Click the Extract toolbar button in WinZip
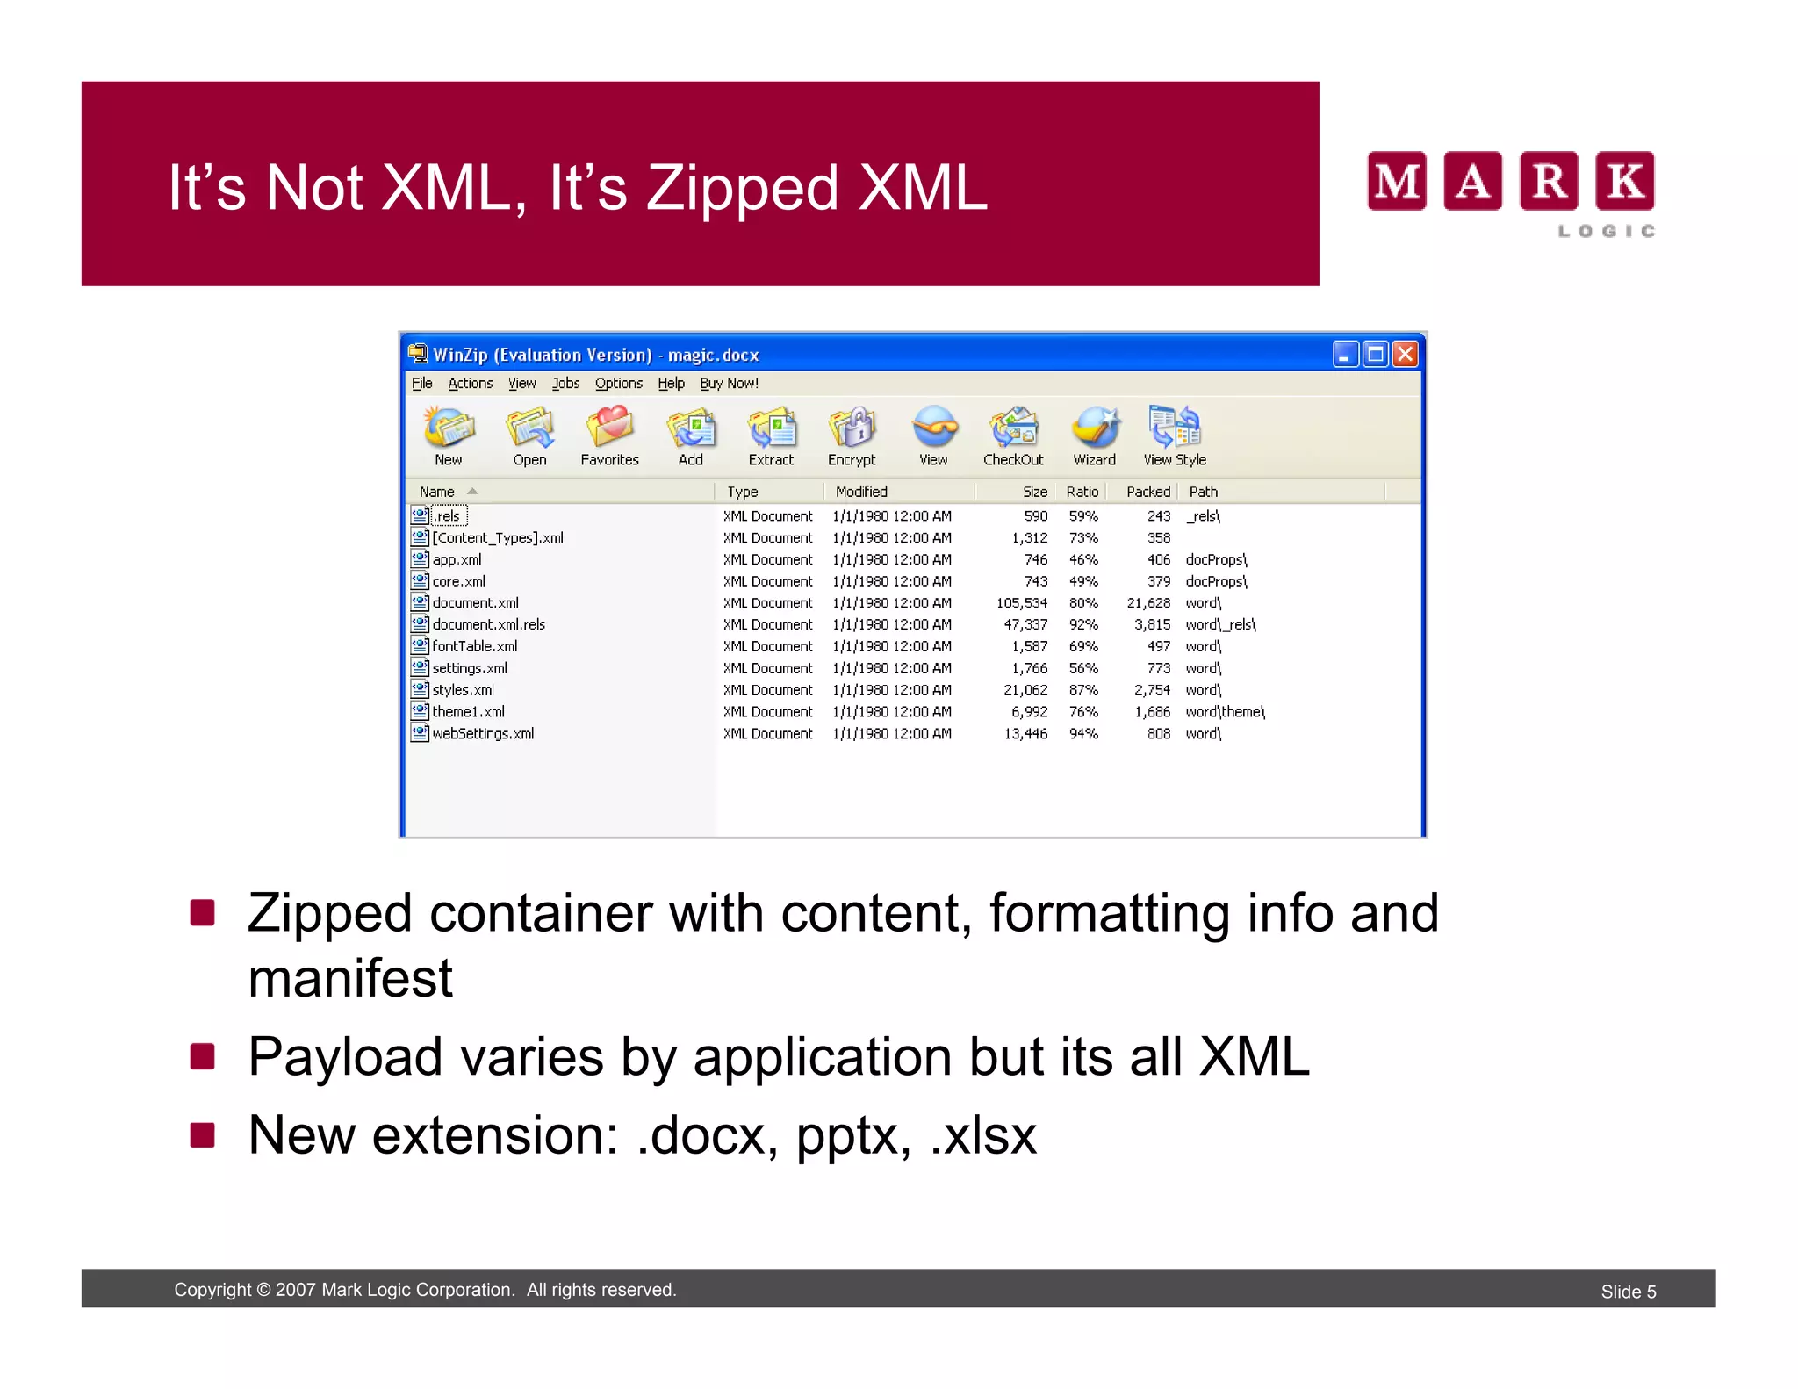(x=771, y=435)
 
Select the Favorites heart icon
(x=609, y=428)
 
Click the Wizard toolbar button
(x=1094, y=435)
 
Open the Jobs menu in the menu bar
(x=565, y=384)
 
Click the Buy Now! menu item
(x=729, y=384)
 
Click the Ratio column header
(x=1082, y=492)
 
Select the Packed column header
(x=1147, y=492)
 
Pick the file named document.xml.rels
(x=488, y=624)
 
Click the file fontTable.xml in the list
(x=474, y=646)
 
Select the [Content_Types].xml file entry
(x=497, y=537)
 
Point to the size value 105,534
(x=1021, y=603)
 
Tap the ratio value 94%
(x=1083, y=734)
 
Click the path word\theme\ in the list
(x=1225, y=712)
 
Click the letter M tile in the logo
(x=1396, y=181)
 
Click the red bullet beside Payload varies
(x=202, y=1056)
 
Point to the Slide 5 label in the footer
(x=1628, y=1292)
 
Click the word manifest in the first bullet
(x=350, y=978)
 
